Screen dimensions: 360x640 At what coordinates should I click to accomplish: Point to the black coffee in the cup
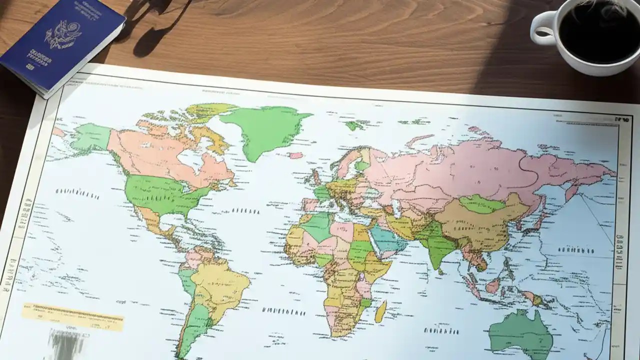(x=595, y=30)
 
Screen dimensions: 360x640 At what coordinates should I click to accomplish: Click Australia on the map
(x=520, y=332)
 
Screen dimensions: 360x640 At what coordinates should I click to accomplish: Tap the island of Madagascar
(x=380, y=311)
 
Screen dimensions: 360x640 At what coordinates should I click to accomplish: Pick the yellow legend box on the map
(x=72, y=317)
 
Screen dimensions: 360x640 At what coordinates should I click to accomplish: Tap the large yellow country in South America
(x=220, y=285)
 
